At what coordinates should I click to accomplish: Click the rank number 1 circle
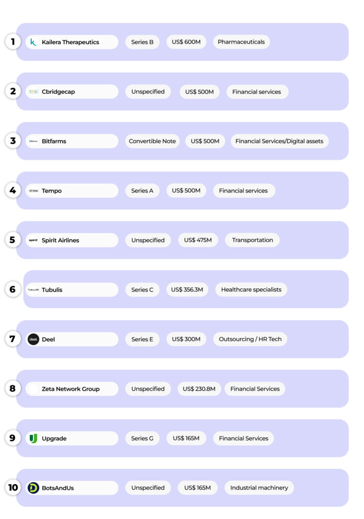point(12,42)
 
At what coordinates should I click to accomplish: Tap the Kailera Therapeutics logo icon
point(33,42)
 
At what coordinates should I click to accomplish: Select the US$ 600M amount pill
point(186,42)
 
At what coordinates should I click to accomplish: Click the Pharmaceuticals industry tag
point(241,42)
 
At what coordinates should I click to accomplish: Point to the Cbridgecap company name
point(58,92)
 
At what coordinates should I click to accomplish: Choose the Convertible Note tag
point(152,141)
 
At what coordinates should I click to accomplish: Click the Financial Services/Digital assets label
point(279,141)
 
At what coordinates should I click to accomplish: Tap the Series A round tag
point(142,191)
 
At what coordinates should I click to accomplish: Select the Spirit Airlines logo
point(33,240)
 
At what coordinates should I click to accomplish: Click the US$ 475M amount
point(198,240)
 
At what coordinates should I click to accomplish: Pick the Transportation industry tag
point(252,240)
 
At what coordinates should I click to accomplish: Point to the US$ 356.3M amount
point(187,290)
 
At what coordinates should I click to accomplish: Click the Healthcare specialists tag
point(251,290)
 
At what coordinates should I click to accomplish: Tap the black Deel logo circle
point(33,339)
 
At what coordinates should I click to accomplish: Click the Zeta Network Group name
point(70,389)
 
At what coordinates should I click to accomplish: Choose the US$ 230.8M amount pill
point(198,389)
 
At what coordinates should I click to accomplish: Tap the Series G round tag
point(142,438)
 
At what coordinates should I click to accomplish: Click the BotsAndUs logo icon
point(33,488)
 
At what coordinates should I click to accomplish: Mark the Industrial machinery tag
point(259,488)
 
